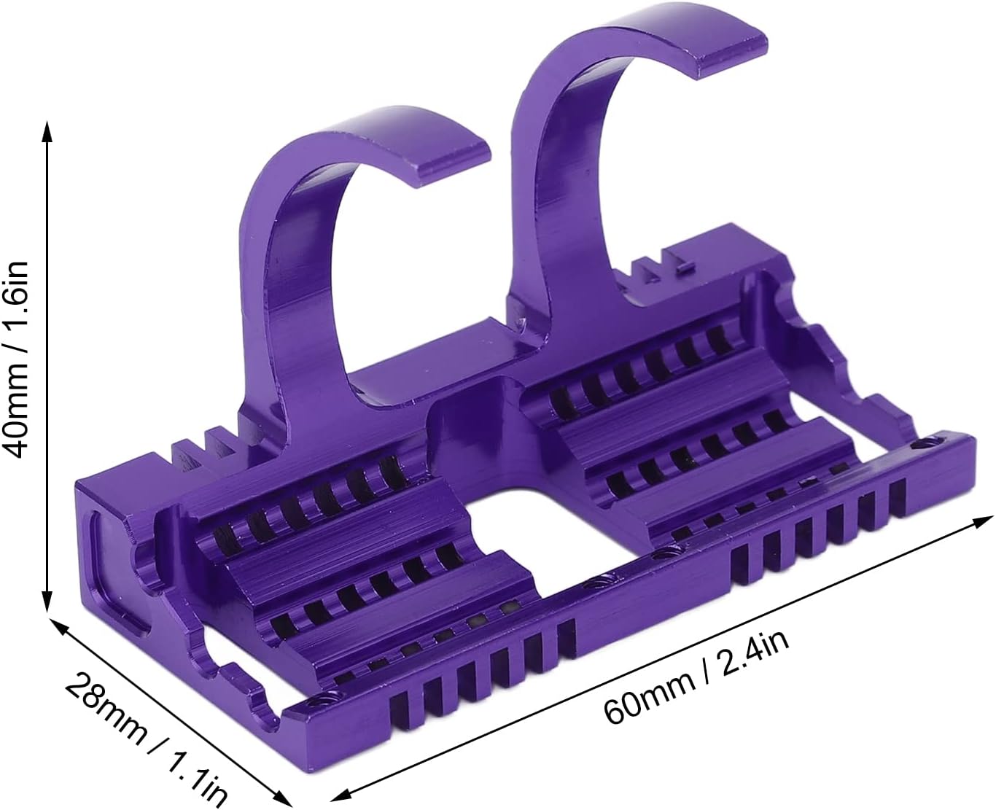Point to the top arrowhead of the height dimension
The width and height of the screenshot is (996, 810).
(46, 131)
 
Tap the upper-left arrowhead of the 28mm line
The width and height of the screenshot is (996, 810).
(58, 627)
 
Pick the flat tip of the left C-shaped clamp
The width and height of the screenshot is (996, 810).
(451, 161)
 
